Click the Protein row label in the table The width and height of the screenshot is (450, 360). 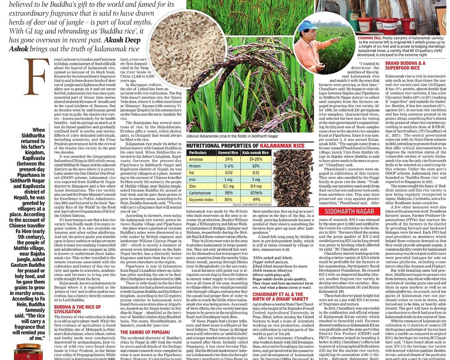click(197, 166)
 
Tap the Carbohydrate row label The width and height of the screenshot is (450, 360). click(202, 193)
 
